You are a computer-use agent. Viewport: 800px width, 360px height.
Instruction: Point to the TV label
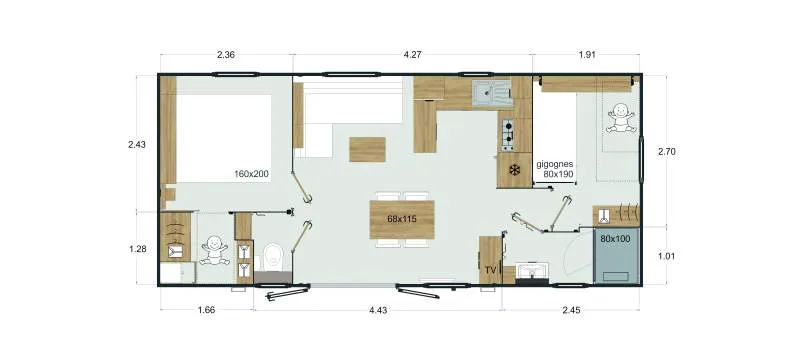point(490,270)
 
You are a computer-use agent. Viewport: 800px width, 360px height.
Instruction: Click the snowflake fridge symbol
point(514,170)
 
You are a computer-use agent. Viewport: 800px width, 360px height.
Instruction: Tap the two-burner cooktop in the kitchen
point(508,131)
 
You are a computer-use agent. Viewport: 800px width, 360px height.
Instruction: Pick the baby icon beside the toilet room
point(213,250)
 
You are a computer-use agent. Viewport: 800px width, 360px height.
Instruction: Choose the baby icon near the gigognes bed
point(619,119)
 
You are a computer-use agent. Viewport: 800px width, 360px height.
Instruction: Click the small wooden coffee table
point(366,148)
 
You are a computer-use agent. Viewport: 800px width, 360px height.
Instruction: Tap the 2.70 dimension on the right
point(667,151)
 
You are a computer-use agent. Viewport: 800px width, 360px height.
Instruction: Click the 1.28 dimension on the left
point(138,247)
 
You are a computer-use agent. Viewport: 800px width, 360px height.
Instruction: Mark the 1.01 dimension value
point(667,256)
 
